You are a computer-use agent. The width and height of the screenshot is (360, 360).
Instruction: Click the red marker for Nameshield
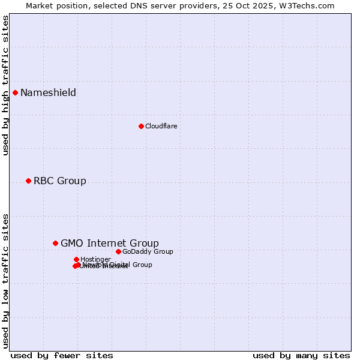15,92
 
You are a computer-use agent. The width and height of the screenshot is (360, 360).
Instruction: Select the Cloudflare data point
141,126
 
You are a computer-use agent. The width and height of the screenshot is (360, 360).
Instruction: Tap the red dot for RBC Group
28,181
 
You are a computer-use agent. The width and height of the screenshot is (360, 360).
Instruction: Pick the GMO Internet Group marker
55,243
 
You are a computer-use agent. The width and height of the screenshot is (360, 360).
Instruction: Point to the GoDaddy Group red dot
118,251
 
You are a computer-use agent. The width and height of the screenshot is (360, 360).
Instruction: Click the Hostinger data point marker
76,259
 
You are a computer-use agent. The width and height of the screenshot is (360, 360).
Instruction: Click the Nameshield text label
48,92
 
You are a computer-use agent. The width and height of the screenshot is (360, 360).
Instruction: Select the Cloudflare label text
161,126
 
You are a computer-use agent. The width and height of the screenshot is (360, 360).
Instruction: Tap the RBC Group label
59,181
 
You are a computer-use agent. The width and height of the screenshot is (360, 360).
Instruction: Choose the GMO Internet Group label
110,243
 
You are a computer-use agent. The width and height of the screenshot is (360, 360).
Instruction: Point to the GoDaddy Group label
148,251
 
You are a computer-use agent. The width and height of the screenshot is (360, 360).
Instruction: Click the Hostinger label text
95,259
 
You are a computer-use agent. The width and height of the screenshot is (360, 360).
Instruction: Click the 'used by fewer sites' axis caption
62,355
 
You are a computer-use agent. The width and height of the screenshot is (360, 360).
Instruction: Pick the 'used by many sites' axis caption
301,355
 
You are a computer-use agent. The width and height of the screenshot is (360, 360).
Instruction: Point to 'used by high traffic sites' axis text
5,85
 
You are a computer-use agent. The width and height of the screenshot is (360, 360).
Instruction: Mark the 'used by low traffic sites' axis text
5,281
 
